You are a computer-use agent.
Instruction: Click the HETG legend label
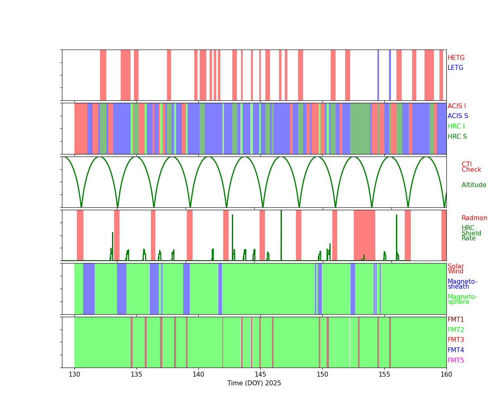click(455, 58)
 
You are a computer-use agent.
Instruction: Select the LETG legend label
click(455, 68)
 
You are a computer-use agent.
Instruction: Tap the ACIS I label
click(456, 106)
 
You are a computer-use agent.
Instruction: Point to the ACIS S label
click(458, 116)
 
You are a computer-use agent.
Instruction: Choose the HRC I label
click(456, 126)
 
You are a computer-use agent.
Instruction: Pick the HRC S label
click(457, 136)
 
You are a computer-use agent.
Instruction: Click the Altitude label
click(473, 185)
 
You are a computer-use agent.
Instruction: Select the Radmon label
click(474, 218)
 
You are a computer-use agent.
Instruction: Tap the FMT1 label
click(455, 320)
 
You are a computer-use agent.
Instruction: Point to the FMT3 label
click(455, 339)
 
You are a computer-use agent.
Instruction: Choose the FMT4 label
click(455, 350)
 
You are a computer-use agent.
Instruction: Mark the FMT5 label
click(455, 360)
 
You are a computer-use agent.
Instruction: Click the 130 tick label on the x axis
click(74, 374)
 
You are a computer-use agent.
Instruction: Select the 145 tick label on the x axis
click(260, 374)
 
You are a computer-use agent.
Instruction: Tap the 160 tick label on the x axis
click(446, 374)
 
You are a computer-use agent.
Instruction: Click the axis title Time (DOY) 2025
click(254, 383)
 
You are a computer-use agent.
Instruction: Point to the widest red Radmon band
click(365, 235)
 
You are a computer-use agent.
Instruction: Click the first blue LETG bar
click(378, 75)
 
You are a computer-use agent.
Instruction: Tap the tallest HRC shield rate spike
click(281, 235)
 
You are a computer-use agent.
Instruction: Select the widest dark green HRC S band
click(360, 128)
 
